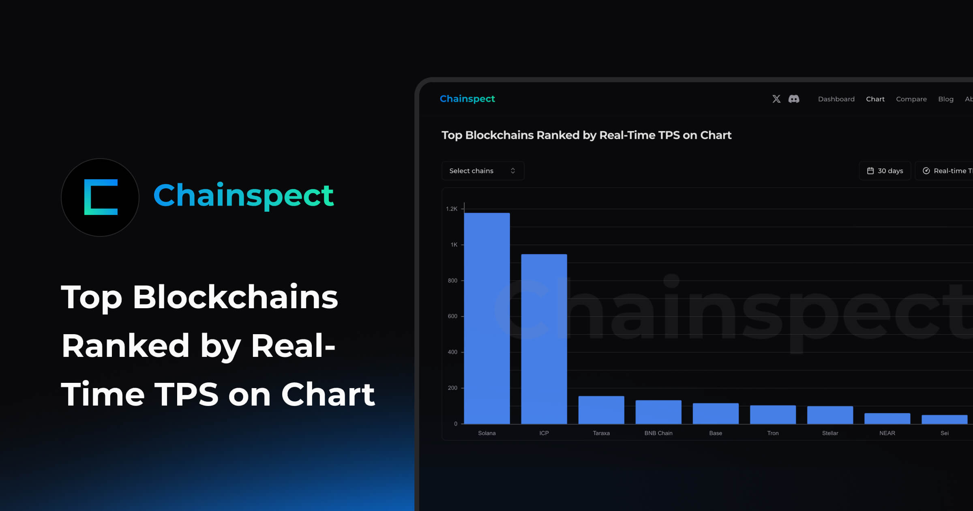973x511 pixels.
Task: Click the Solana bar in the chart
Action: point(487,318)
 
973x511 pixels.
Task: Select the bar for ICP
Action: point(544,339)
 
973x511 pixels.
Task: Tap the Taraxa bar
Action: point(601,410)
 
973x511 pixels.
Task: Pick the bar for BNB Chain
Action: point(658,412)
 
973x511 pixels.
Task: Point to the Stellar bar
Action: point(830,415)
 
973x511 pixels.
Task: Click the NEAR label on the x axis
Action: point(887,433)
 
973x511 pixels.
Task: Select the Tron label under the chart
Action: point(773,433)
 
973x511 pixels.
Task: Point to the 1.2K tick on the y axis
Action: point(452,209)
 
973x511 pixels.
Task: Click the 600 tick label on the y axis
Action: point(452,316)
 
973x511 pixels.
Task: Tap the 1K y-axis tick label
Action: point(454,245)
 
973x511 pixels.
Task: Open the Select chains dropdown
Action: point(482,171)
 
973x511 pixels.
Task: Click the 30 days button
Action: point(885,171)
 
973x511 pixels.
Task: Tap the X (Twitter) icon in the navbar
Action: point(776,99)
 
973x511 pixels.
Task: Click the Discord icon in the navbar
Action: point(794,99)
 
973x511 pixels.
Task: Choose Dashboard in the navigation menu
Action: point(836,99)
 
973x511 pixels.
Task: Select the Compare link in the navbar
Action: point(911,99)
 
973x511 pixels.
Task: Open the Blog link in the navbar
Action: point(945,99)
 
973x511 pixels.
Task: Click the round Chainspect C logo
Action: point(100,198)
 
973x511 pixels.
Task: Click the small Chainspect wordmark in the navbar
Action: point(467,99)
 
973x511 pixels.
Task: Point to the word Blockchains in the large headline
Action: point(235,297)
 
